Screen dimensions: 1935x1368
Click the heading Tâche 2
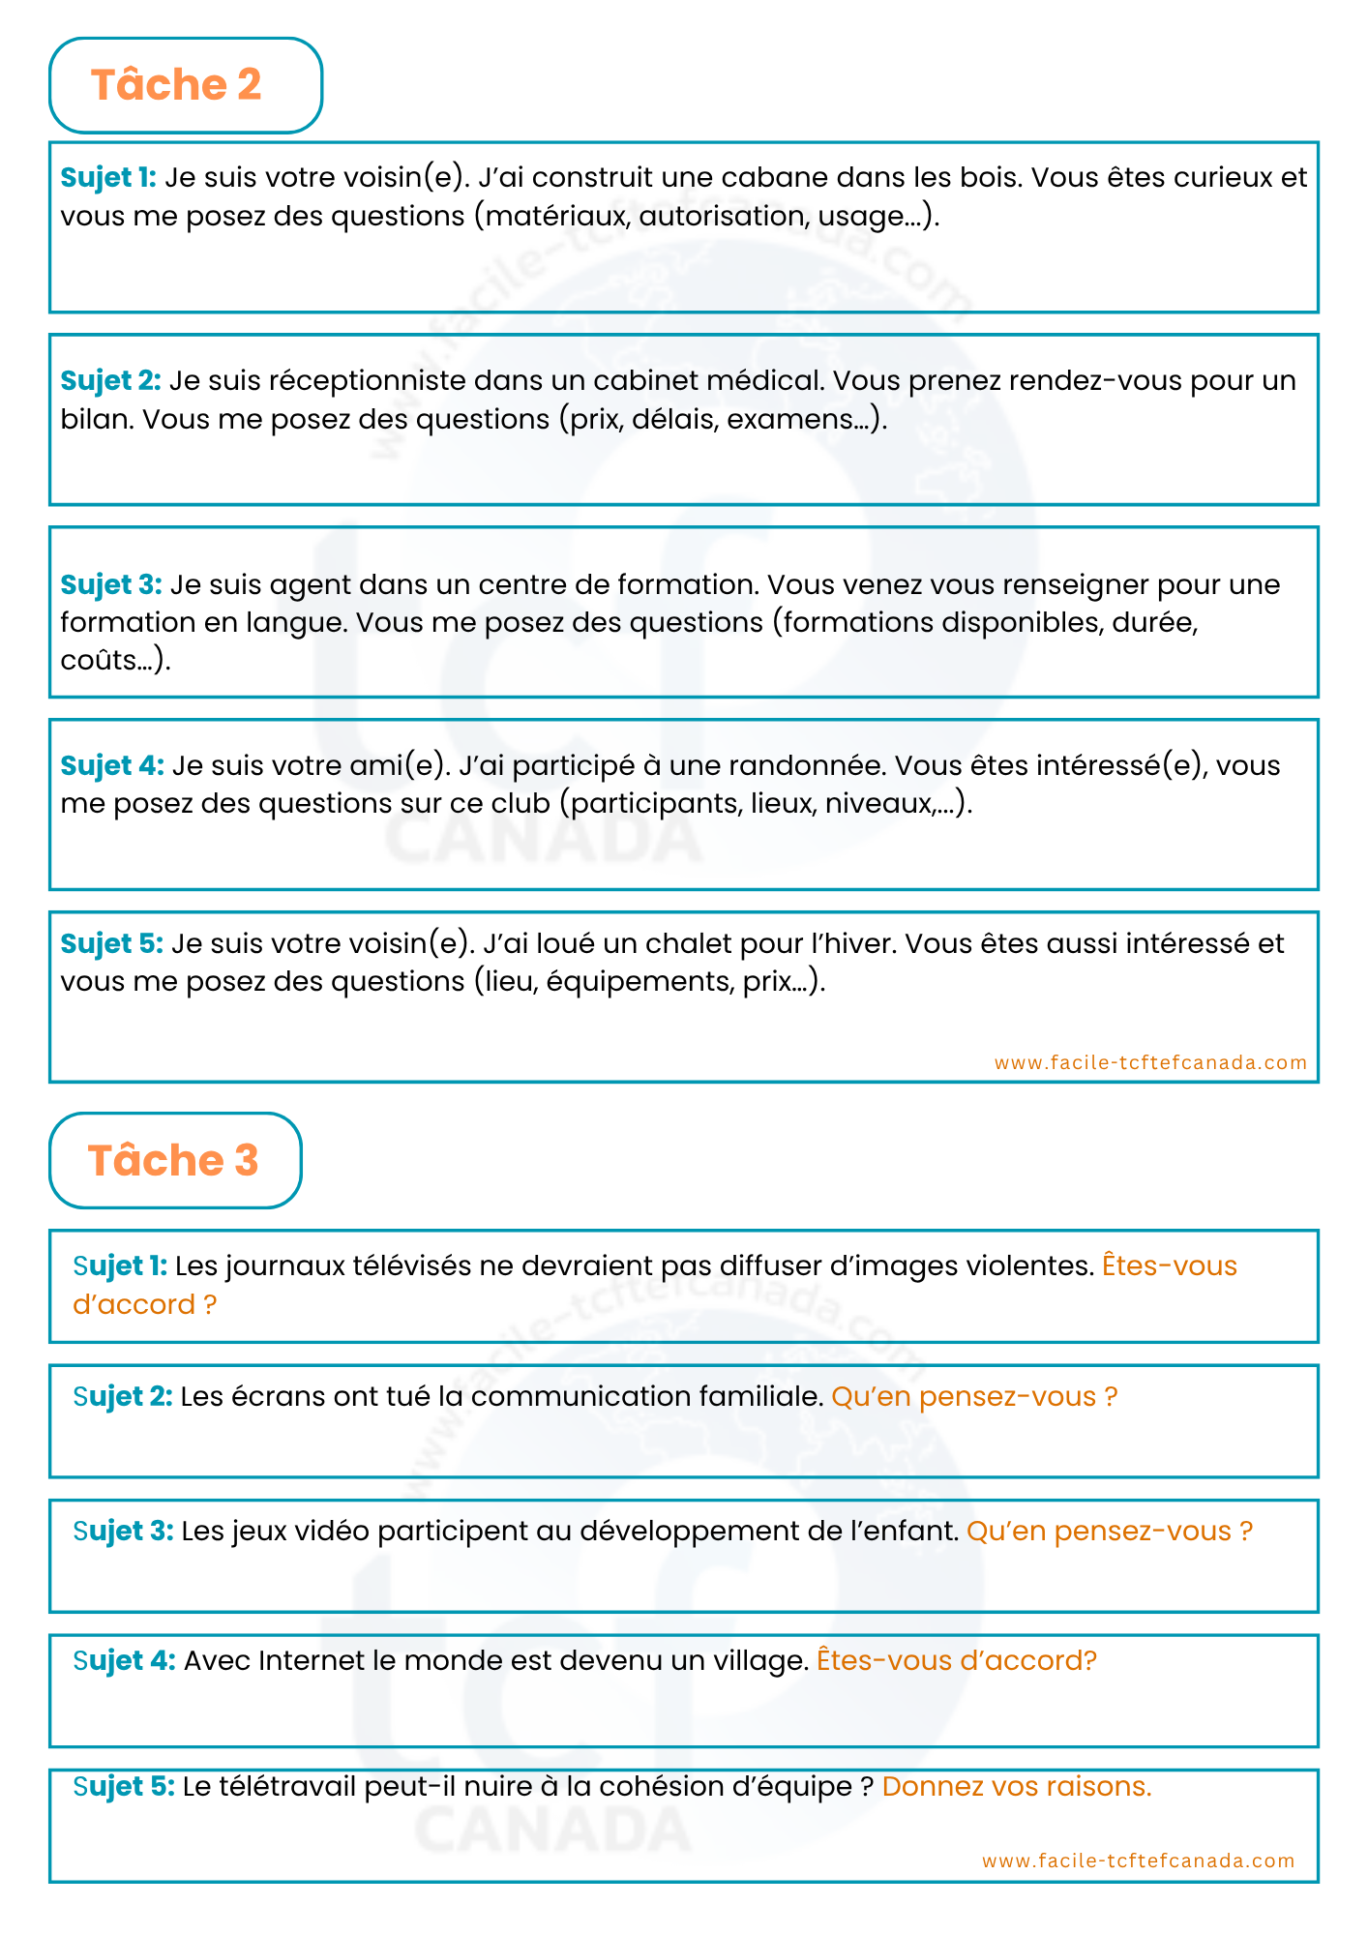click(x=176, y=85)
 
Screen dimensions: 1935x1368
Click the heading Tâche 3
click(x=173, y=1160)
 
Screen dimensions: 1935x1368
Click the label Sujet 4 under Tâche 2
click(x=112, y=765)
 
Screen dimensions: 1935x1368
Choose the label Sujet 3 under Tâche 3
click(x=123, y=1531)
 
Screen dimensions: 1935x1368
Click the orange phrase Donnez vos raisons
click(x=1017, y=1786)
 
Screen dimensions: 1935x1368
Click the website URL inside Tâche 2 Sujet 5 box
click(x=1150, y=1062)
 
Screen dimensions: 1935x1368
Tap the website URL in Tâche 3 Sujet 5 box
click(x=1138, y=1861)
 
